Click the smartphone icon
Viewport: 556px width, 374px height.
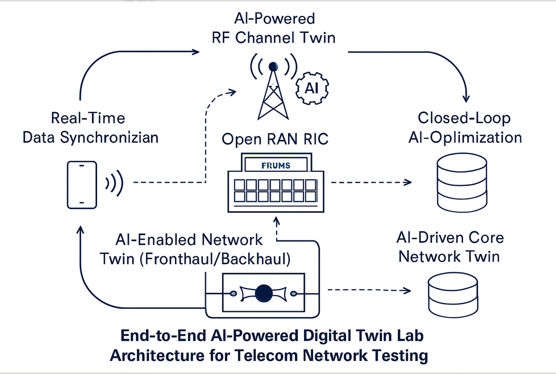point(82,185)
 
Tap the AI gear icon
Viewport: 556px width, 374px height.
point(312,88)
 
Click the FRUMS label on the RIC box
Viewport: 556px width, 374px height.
point(276,165)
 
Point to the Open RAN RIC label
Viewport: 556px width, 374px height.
point(275,139)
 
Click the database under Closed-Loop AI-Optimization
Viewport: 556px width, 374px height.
point(462,182)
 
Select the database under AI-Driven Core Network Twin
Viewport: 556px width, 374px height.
point(453,295)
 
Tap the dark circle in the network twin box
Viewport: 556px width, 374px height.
point(264,293)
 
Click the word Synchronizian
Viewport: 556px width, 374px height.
point(109,138)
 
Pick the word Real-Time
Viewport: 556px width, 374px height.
point(88,118)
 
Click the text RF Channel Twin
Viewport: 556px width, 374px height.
point(273,38)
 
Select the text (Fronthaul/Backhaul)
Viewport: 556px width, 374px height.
point(215,259)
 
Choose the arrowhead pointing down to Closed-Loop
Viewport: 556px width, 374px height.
point(466,98)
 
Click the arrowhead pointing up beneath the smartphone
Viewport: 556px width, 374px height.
point(81,230)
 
